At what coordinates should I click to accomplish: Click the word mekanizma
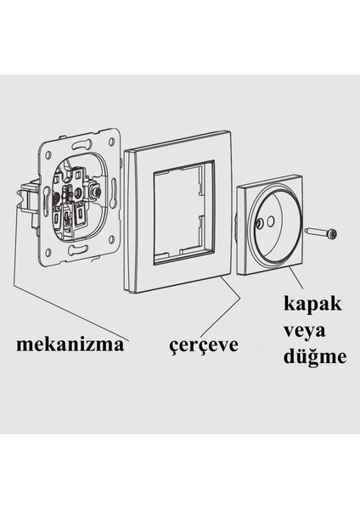pyautogui.click(x=72, y=345)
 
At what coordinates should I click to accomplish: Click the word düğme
pyautogui.click(x=314, y=356)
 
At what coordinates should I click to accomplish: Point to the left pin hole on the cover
pyautogui.click(x=256, y=224)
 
